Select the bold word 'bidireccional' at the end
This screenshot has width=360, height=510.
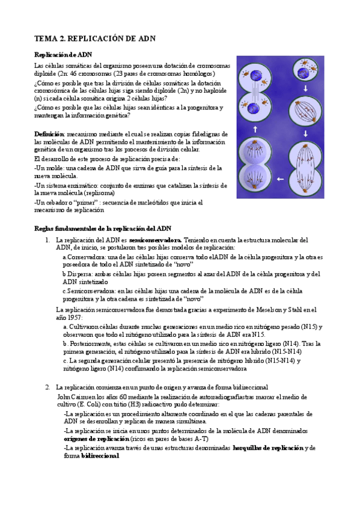pyautogui.click(x=100, y=456)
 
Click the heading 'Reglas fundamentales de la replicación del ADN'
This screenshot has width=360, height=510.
pyautogui.click(x=103, y=229)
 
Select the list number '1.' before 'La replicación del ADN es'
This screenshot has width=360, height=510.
pyautogui.click(x=49, y=241)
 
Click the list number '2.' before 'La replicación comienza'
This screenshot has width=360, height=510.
pyautogui.click(x=49, y=388)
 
